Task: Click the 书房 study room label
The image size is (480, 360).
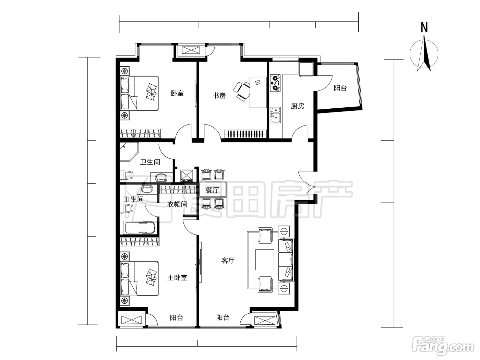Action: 219,96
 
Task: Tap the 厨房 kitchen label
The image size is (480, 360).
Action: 298,106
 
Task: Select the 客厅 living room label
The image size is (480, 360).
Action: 228,261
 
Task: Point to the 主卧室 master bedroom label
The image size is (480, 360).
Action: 177,278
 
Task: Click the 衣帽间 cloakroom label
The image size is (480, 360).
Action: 177,204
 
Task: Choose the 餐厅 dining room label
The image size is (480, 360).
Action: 212,190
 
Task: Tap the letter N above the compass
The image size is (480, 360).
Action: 424,28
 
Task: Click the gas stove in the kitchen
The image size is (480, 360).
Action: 275,83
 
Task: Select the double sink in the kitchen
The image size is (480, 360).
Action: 275,115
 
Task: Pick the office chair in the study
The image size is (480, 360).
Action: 242,91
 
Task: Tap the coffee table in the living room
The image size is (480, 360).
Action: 265,260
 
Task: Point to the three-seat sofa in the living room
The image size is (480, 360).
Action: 286,260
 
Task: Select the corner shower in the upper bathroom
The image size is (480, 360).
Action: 129,152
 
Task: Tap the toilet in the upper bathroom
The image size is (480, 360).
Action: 127,175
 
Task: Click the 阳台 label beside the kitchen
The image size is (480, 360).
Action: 340,88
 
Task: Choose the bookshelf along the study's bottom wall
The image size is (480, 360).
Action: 246,134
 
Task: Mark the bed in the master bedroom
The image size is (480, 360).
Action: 139,278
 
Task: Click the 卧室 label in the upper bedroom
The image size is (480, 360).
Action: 177,93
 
